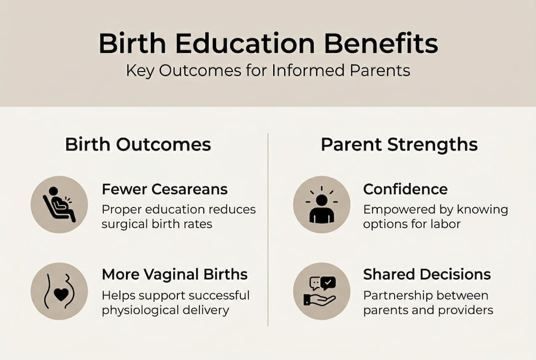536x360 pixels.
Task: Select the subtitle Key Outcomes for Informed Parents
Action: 268,70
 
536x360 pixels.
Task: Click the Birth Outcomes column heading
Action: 138,145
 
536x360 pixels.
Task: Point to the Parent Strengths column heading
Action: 399,145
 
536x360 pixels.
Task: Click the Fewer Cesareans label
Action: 165,189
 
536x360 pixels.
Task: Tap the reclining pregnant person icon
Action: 59,205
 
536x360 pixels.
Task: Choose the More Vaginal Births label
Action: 175,274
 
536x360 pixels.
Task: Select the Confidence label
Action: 405,189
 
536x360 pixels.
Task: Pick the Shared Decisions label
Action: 427,274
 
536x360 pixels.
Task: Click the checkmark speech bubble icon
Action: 329,283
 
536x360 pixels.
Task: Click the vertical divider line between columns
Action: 268,230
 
